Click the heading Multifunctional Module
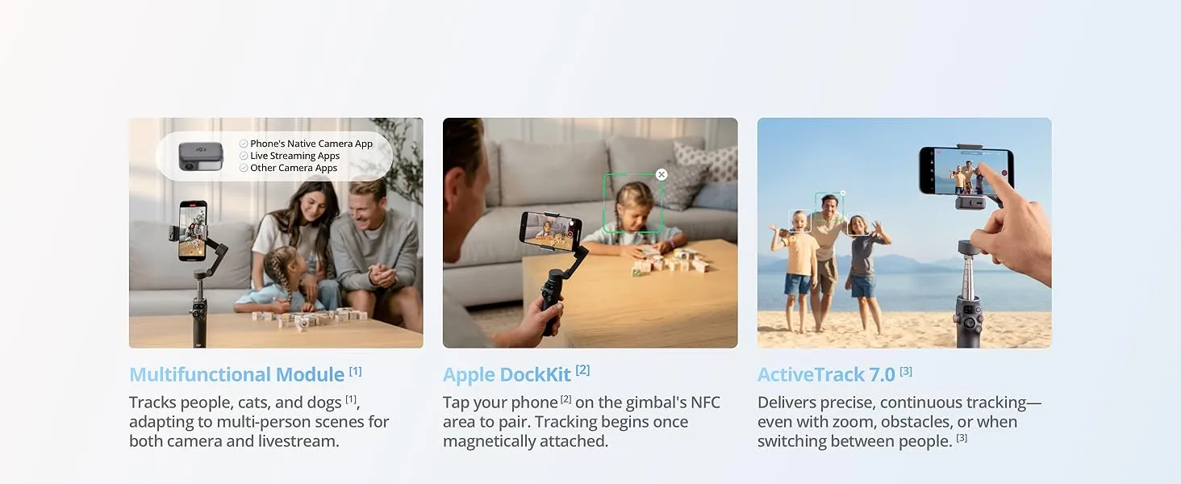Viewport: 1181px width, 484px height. (x=236, y=375)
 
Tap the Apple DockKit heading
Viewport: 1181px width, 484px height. (x=507, y=375)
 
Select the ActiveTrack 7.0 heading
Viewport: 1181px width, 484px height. (x=826, y=375)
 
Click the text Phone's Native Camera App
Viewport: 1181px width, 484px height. (x=311, y=144)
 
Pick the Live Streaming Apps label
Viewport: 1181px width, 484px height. (x=294, y=156)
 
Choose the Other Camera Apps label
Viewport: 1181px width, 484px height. (x=294, y=168)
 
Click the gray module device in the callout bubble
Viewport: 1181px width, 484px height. (x=200, y=156)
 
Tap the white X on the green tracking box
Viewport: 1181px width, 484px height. (x=661, y=174)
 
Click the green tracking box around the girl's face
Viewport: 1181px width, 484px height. (x=633, y=203)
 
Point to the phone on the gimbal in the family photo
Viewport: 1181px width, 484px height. (x=192, y=230)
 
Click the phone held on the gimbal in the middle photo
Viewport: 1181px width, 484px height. (x=549, y=228)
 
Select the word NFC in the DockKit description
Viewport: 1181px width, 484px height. (x=704, y=403)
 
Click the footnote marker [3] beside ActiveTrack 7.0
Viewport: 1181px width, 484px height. (x=906, y=371)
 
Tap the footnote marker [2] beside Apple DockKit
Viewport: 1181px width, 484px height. (x=582, y=369)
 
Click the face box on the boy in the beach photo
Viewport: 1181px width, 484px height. (x=799, y=220)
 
